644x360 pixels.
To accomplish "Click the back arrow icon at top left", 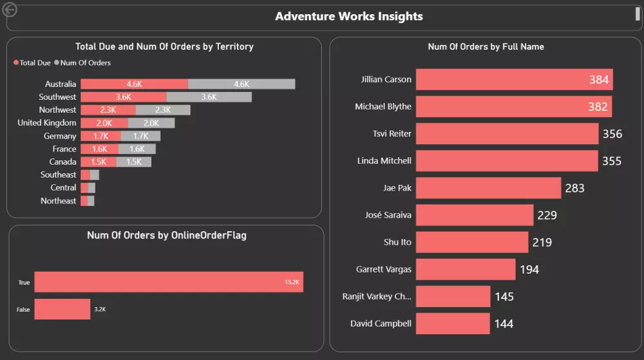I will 10,10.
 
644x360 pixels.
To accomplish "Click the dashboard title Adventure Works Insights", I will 348,17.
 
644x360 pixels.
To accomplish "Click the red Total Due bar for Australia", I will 134,84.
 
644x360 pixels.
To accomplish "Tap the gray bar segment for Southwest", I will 209,97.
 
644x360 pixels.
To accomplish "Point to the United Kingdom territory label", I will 46,123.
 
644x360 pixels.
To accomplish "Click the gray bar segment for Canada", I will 134,162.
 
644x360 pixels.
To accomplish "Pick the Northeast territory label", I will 58,201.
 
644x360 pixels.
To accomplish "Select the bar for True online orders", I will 168,282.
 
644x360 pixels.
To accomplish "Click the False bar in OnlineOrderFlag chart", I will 62,309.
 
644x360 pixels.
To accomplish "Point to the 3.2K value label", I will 100,310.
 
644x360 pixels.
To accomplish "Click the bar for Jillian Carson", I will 514,80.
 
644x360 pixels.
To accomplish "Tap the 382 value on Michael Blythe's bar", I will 598,107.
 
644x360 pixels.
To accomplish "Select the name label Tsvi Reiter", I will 392,134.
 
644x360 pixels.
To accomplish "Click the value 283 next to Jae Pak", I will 574,188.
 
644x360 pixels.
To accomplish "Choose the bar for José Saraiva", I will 474,215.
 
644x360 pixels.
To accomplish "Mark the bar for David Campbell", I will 453,323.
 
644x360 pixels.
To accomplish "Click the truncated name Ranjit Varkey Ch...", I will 377,296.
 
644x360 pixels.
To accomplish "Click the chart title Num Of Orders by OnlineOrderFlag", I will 166,236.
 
